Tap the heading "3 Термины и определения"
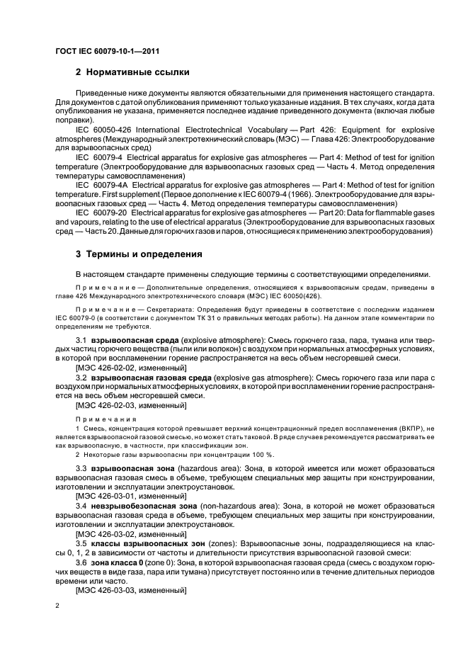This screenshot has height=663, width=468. coord(139,254)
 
